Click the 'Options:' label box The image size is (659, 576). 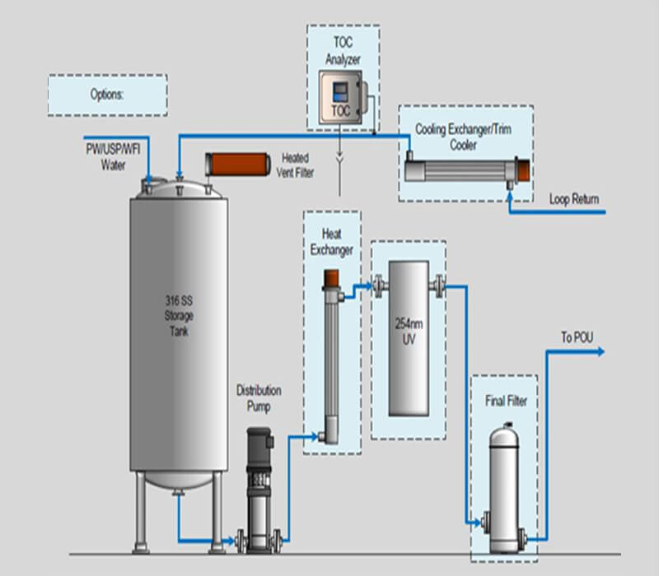107,95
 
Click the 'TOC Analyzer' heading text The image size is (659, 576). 343,51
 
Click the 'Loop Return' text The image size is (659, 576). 574,199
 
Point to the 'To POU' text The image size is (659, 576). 577,337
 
